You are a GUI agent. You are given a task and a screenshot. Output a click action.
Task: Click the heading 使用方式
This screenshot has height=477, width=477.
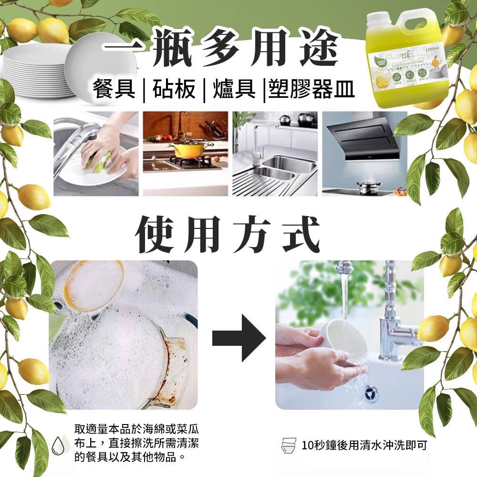227,235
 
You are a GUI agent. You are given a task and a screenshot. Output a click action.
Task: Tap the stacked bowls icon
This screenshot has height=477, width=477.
289,446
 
